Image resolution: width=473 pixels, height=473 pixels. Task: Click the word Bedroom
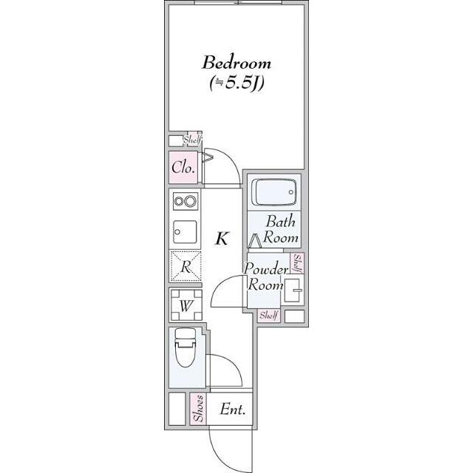[236, 62]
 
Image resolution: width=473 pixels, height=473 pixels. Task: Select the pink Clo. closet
[183, 168]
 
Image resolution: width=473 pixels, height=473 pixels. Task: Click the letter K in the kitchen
[222, 239]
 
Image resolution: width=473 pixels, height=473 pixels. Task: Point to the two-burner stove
[186, 201]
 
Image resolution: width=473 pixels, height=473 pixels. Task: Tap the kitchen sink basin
[185, 231]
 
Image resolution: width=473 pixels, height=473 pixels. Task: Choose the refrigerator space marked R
[186, 266]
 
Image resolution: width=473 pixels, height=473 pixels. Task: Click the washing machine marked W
[186, 305]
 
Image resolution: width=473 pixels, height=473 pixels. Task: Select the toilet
[186, 347]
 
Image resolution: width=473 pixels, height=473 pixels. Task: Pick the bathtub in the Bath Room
[274, 192]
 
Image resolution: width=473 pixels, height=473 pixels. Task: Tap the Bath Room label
[281, 230]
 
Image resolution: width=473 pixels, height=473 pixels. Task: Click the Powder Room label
[265, 276]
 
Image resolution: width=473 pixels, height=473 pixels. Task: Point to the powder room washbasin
[293, 290]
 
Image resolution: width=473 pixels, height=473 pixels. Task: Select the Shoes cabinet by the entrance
[199, 409]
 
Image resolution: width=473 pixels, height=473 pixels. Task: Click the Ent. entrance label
[232, 409]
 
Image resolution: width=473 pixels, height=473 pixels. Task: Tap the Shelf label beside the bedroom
[192, 140]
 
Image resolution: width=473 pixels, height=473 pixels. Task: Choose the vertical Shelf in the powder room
[297, 263]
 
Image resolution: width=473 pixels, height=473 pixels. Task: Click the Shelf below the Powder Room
[268, 316]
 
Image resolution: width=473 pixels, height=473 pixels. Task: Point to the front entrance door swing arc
[220, 455]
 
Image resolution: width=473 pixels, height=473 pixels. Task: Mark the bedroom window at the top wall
[238, 2]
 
